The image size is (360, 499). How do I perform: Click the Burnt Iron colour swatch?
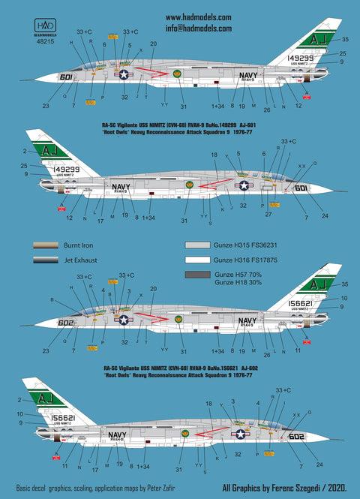[x=49, y=245]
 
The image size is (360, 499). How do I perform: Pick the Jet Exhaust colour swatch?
[x=49, y=260]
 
